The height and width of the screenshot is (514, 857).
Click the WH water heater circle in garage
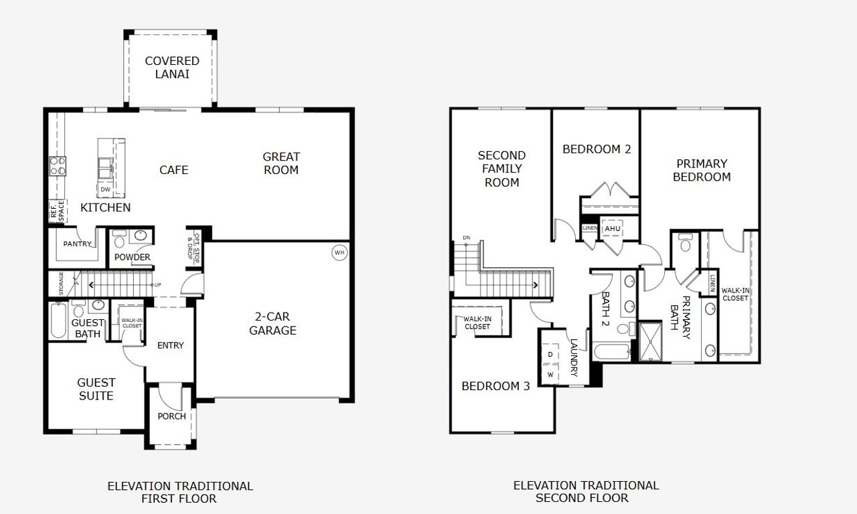tap(339, 252)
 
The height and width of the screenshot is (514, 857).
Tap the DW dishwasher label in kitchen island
tap(105, 190)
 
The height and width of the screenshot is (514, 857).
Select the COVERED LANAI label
tap(172, 68)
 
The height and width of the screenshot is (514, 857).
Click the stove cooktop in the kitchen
tap(58, 165)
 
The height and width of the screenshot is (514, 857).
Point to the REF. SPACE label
tap(58, 211)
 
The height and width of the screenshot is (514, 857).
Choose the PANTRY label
tap(77, 244)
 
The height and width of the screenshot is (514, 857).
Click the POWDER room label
tap(132, 257)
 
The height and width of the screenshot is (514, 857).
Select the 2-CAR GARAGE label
tap(272, 323)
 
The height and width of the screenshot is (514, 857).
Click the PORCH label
tap(171, 416)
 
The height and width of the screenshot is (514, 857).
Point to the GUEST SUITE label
tap(96, 389)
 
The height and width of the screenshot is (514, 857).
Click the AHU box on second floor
tap(613, 229)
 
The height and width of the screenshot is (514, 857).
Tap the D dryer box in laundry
tap(550, 353)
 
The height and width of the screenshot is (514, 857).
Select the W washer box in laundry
tap(550, 375)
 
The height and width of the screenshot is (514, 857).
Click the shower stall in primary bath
tap(649, 342)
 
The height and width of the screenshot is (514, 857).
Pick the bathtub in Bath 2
tap(611, 352)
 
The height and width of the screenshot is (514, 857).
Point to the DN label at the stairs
tap(466, 238)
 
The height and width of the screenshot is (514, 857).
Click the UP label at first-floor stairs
tap(157, 285)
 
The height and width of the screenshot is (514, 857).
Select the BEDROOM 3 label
tap(495, 386)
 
